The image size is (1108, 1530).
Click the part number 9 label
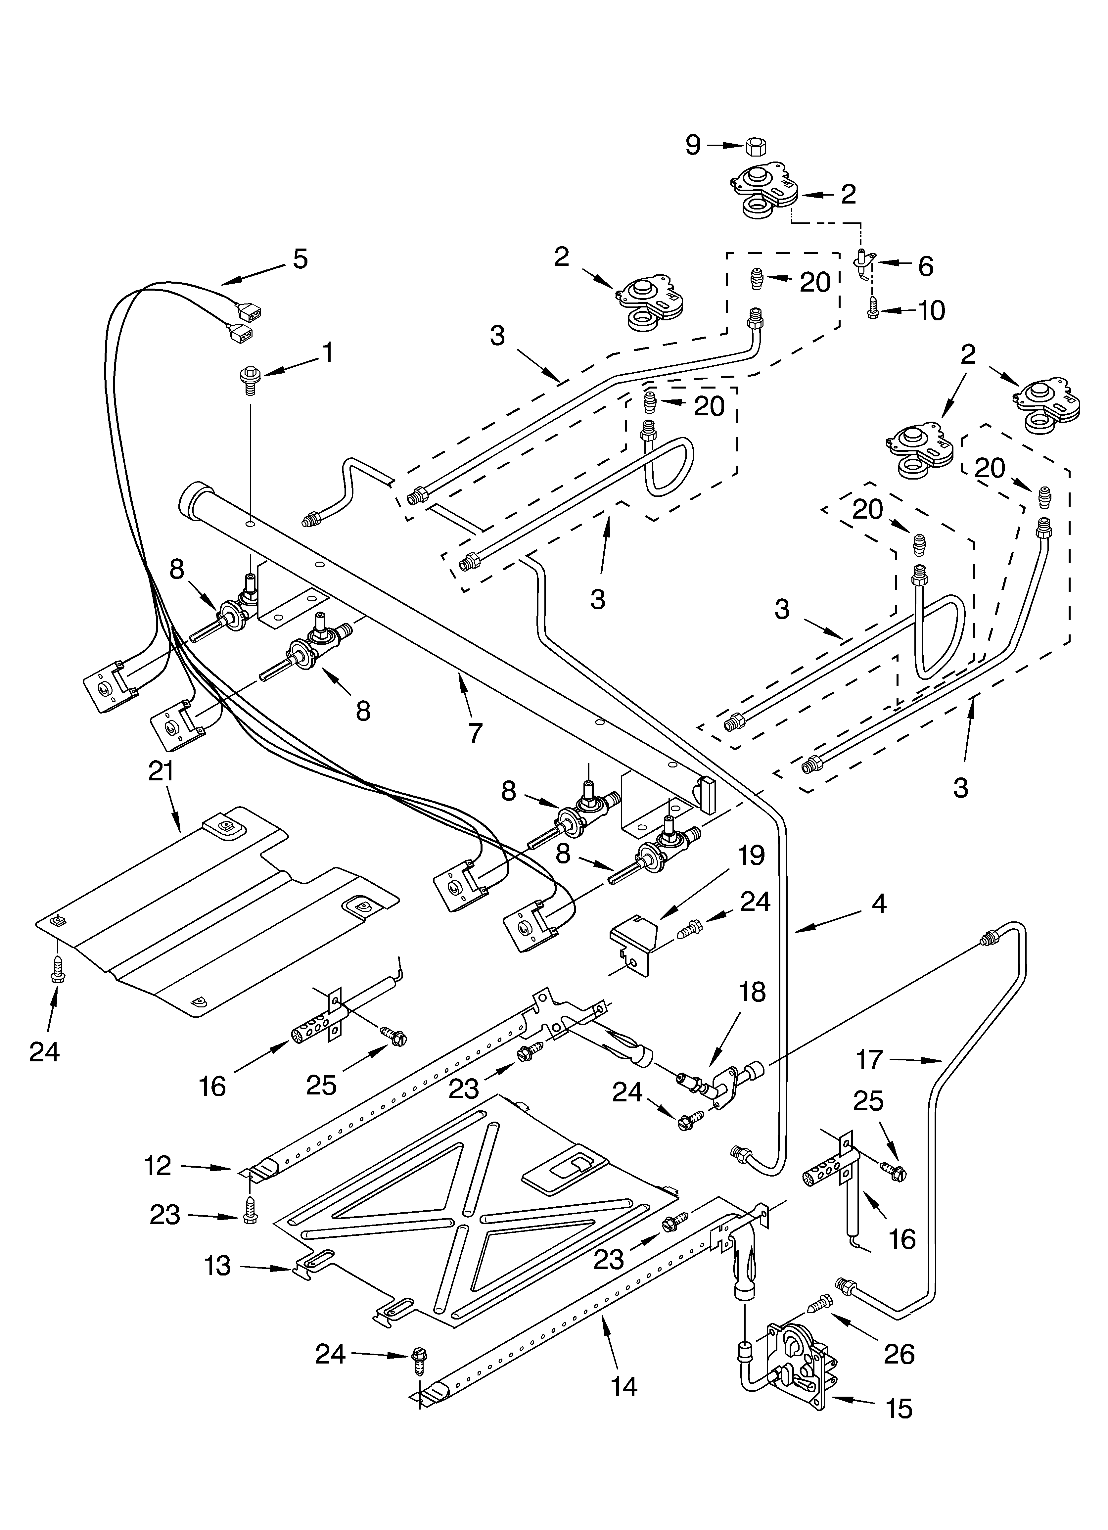693,145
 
